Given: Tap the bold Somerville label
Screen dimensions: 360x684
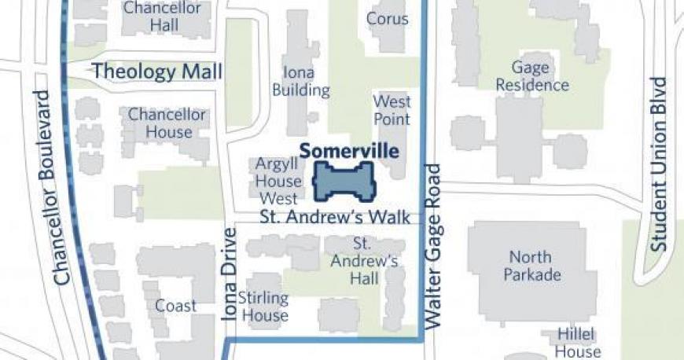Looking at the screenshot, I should tap(349, 151).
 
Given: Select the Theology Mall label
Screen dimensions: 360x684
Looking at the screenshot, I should tap(157, 72).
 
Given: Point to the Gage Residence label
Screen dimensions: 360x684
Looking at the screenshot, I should tap(539, 76).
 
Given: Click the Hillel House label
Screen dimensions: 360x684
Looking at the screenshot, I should tap(579, 342).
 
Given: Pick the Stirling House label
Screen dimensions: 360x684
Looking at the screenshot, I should tap(263, 307).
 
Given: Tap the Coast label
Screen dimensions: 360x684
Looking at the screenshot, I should tap(175, 305).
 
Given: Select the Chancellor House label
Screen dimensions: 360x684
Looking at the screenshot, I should tap(167, 123).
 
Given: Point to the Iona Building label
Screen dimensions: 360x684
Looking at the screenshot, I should tap(300, 82).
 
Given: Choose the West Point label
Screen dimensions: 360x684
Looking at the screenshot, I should tap(392, 110).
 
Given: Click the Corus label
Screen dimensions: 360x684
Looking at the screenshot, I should tap(388, 19).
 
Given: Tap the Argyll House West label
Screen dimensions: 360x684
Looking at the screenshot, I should tap(278, 182).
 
